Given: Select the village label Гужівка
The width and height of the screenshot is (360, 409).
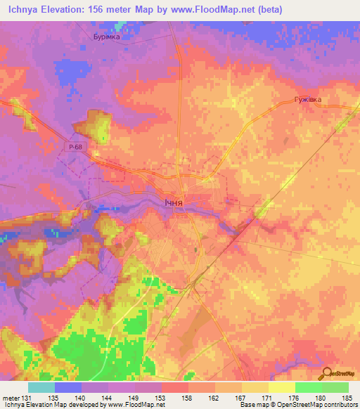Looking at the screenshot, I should click(307, 100).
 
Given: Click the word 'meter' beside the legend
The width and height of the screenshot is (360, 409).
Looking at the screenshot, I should click(11, 398).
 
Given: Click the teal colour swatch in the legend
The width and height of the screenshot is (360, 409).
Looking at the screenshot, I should click(41, 387).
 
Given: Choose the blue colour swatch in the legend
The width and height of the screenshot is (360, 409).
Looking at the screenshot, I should click(68, 387).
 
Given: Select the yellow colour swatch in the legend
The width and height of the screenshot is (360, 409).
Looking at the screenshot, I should click(281, 387).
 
